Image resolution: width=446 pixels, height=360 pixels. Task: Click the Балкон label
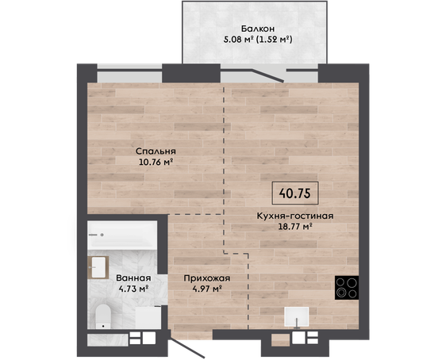tap(258, 29)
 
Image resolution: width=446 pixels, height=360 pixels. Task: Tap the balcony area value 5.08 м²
tap(238, 39)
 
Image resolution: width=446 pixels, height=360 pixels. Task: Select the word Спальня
tap(156, 151)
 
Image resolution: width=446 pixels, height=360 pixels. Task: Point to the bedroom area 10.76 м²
tap(156, 162)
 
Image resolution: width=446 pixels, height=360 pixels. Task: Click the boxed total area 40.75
tap(295, 193)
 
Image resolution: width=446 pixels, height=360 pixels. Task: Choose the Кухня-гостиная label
tap(295, 216)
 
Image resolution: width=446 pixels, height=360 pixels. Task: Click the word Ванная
tap(133, 278)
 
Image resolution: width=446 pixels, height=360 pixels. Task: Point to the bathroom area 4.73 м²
tap(134, 289)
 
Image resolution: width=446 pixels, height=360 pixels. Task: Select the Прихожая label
tap(207, 278)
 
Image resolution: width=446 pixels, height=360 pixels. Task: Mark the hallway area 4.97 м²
tap(207, 289)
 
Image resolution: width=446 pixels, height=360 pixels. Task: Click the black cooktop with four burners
tap(347, 288)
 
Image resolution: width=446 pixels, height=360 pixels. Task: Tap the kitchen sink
tap(297, 317)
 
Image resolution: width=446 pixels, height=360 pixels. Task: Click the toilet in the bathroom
tap(102, 316)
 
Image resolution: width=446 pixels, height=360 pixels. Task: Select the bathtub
tap(122, 236)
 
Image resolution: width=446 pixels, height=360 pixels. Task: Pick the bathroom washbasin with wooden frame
tap(98, 267)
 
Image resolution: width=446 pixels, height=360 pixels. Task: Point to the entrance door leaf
tap(187, 348)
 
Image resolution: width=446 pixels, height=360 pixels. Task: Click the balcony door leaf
tap(267, 75)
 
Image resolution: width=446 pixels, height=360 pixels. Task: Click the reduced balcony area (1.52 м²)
tap(275, 39)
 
